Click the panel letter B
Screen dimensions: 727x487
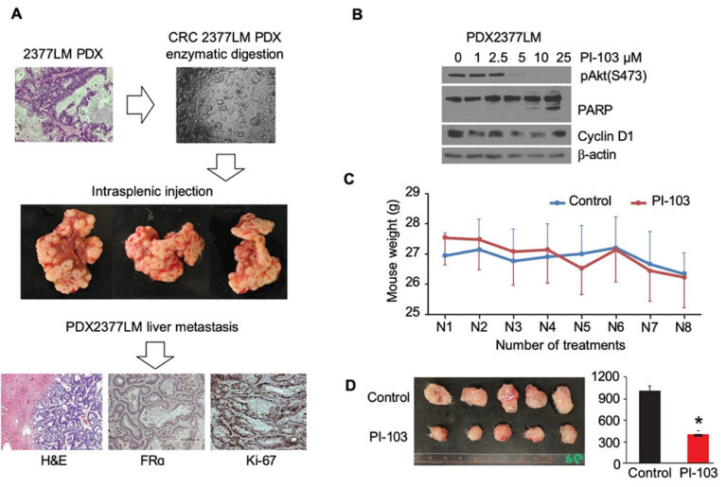pos(357,14)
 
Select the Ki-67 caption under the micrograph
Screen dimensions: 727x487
pos(261,461)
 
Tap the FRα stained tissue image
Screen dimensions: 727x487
pos(156,411)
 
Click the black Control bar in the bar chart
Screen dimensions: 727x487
pos(649,426)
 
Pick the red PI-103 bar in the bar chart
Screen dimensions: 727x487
pos(698,448)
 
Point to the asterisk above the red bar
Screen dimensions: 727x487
pos(699,422)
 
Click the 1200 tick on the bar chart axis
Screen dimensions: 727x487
pos(606,377)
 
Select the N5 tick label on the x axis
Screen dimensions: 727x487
pos(581,327)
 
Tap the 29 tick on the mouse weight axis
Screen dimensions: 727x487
pos(413,192)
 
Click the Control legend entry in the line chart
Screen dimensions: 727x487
pos(580,201)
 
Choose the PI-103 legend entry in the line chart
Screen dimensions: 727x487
pos(660,201)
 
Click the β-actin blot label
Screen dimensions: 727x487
pos(596,154)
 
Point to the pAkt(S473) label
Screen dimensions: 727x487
pos(613,76)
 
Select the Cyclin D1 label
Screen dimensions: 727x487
pos(605,136)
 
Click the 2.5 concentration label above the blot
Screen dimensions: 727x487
pos(498,58)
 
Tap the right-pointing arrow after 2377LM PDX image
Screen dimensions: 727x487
pos(140,106)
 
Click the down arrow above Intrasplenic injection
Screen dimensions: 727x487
pos(225,166)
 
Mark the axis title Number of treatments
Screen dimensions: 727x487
pos(560,345)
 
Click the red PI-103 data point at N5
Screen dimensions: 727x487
pos(581,269)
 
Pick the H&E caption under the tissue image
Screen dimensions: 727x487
pos(54,461)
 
